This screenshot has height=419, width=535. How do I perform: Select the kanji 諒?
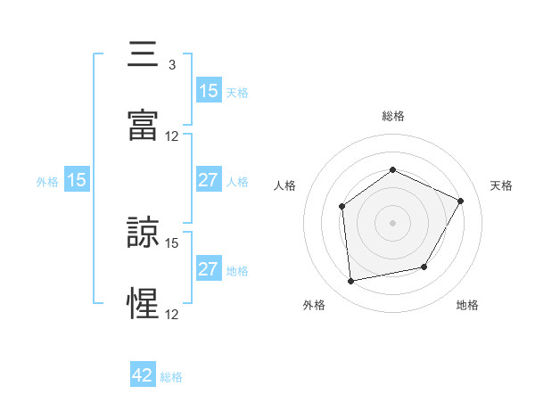(x=144, y=233)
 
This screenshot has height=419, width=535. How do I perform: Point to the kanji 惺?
(x=144, y=304)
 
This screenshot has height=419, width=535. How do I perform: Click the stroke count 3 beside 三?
(x=171, y=65)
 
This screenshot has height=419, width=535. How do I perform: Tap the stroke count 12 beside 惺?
(x=172, y=314)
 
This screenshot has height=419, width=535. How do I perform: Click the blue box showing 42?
(x=143, y=375)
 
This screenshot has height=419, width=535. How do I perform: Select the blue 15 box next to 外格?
(x=77, y=181)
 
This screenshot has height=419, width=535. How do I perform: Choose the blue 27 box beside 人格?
(x=208, y=181)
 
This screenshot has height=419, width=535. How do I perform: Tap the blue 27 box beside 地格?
(x=208, y=269)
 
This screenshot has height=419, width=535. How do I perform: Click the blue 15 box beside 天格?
(x=208, y=91)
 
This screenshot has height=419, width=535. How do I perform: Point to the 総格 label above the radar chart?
(x=392, y=117)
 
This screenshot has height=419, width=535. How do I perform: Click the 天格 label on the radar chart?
(x=501, y=185)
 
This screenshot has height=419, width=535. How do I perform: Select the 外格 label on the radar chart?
(x=314, y=306)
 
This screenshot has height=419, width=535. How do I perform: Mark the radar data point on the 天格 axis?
(x=461, y=201)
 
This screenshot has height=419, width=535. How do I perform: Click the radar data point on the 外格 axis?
(x=351, y=281)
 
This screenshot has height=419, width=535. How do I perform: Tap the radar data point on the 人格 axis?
(x=342, y=207)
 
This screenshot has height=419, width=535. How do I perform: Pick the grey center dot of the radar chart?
(x=392, y=223)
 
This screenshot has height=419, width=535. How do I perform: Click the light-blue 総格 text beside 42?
(x=171, y=377)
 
